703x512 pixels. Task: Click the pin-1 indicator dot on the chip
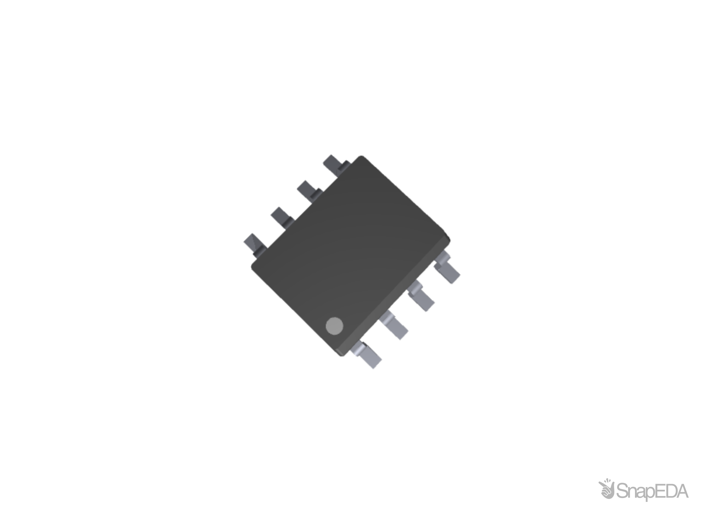click(334, 326)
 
